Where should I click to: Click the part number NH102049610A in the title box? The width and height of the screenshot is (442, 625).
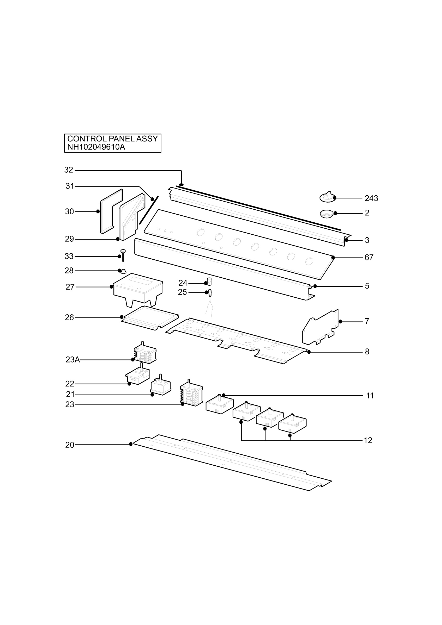pos(96,147)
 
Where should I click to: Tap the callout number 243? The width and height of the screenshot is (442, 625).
pos(371,198)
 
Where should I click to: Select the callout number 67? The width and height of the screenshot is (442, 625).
pos(369,258)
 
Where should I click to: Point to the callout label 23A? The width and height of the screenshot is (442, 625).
pos(73,360)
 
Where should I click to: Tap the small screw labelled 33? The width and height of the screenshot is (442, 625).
pos(123,255)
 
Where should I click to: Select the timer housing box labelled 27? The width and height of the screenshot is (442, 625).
pos(138,290)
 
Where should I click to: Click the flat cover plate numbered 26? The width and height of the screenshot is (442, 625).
pos(150,318)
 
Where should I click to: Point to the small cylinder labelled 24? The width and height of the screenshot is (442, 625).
pos(210,282)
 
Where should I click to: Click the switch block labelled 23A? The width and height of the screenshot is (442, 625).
pos(145,353)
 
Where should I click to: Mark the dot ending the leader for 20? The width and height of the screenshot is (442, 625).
pos(131,444)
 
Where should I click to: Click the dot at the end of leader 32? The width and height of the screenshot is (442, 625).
pos(181,185)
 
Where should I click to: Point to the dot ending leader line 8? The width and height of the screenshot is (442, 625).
pos(309,352)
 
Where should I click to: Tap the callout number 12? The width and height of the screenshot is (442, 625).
pos(368,440)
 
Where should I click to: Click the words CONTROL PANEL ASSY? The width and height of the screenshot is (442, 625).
pos(113,139)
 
